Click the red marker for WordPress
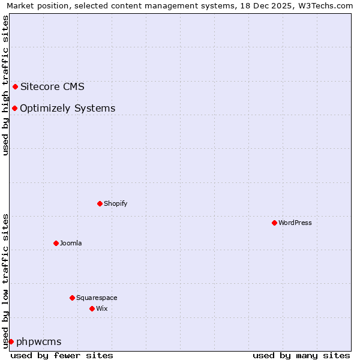click(274, 223)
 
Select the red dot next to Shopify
click(100, 203)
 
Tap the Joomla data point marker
click(56, 243)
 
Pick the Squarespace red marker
click(72, 298)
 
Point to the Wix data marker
click(92, 308)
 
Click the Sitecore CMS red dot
click(15, 86)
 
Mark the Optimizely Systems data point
click(14, 108)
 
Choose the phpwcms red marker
click(11, 341)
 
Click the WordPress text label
click(295, 223)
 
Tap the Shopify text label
click(116, 203)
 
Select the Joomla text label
click(71, 243)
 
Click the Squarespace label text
click(97, 298)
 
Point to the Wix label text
click(102, 308)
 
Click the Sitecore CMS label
click(52, 86)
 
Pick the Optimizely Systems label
click(67, 108)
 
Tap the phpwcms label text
click(38, 341)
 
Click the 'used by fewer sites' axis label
click(62, 355)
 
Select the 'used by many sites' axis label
click(301, 355)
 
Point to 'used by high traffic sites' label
click(6, 85)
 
